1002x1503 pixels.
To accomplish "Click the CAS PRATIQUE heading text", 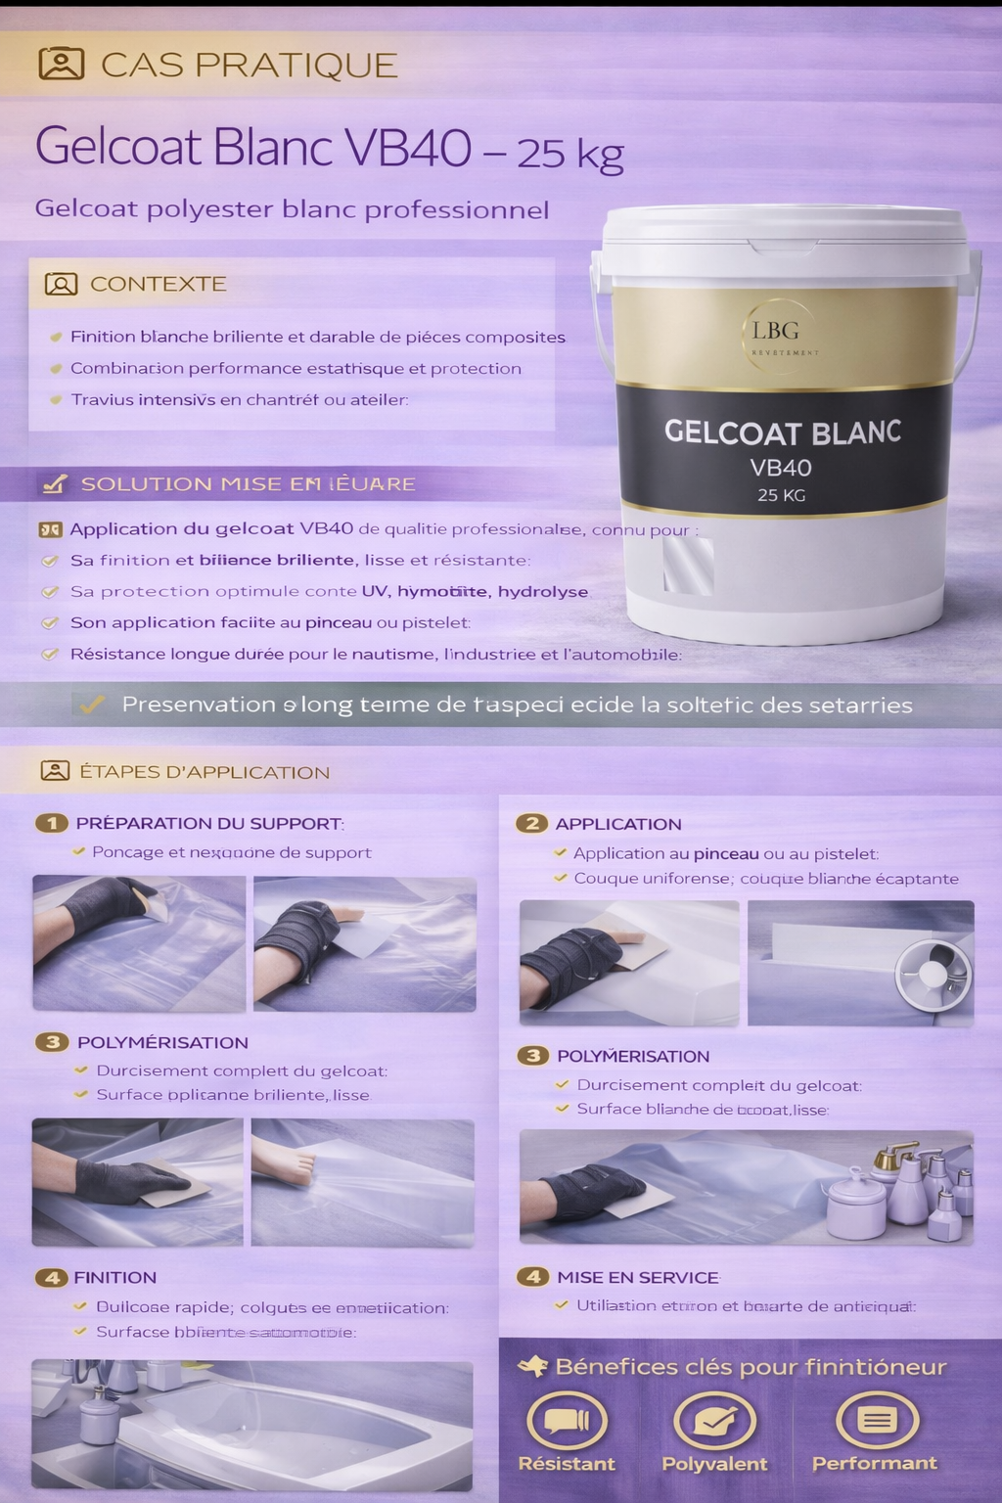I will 249,65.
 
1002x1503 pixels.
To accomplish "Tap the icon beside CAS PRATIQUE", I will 61,64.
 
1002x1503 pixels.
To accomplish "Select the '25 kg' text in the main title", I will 569,153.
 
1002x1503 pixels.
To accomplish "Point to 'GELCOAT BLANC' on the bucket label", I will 782,432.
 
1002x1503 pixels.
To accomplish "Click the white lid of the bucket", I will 784,231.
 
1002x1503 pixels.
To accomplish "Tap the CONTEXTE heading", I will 158,284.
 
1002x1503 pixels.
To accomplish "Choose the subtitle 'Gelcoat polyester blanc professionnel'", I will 292,209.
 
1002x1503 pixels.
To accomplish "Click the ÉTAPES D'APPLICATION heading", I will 204,772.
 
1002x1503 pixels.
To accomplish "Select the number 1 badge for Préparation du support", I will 52,823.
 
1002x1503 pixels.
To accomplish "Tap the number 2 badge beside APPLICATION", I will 531,823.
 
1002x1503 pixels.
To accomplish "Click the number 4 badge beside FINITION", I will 51,1277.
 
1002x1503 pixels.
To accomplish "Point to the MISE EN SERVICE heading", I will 637,1277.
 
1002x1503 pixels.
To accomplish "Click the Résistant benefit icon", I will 567,1420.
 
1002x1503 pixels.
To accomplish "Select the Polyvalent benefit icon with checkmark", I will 714,1420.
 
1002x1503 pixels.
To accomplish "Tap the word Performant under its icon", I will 874,1463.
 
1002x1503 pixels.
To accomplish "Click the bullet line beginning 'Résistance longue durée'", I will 375,654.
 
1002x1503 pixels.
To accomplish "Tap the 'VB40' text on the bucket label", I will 781,467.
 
